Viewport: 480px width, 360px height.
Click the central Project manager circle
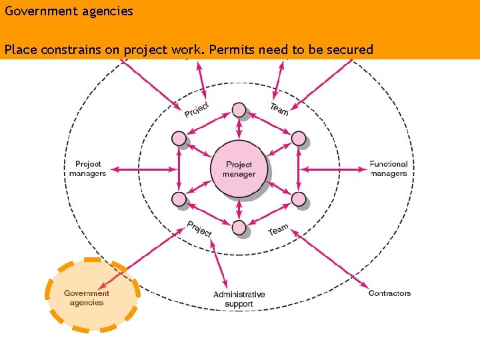point(239,169)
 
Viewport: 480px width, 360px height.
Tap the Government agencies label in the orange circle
point(87,298)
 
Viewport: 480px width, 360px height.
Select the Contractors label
point(389,293)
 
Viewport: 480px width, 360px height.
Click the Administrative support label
point(239,299)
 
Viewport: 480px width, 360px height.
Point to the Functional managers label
point(388,169)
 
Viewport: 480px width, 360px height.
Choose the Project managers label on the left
point(87,169)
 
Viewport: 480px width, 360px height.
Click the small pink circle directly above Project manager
point(239,110)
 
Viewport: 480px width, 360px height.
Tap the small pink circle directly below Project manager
point(239,228)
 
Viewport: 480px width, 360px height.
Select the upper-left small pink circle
point(179,139)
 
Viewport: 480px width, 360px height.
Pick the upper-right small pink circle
point(299,139)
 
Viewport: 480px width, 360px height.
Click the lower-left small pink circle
point(179,199)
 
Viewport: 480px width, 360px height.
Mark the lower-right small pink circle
point(299,199)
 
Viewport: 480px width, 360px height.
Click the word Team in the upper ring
point(279,109)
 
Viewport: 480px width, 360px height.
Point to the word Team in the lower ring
point(279,230)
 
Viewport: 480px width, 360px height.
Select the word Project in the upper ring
point(197,109)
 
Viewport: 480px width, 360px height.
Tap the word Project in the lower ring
point(199,229)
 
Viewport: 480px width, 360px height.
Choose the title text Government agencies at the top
point(69,11)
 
